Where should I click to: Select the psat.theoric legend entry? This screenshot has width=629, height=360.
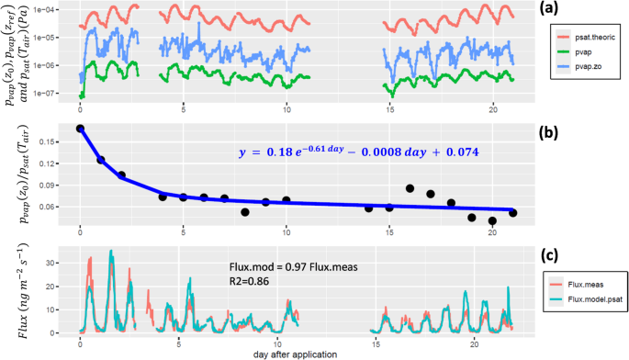point(589,38)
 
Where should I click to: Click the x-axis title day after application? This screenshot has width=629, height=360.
point(297,354)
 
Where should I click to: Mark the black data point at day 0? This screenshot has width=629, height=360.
point(81,129)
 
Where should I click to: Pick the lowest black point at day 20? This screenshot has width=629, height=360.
point(492,220)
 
